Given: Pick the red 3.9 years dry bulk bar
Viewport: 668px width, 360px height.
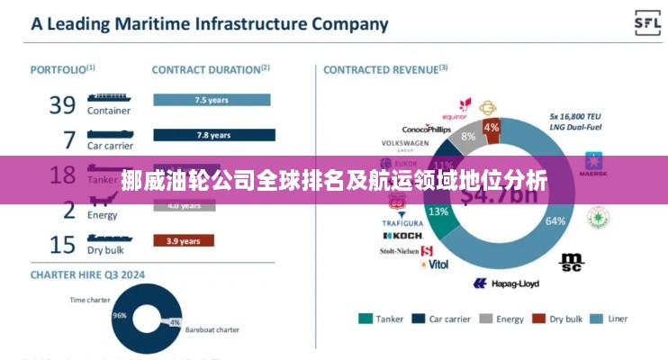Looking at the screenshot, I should [x=184, y=240].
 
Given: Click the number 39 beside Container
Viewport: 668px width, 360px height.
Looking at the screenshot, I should [x=62, y=105].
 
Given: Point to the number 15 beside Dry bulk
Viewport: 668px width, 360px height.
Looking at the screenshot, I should [x=62, y=245].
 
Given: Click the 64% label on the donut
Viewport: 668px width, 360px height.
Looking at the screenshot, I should [x=555, y=220].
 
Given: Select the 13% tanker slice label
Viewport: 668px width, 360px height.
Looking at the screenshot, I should [x=438, y=211].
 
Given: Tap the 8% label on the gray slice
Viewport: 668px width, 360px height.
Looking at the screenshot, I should [x=468, y=136].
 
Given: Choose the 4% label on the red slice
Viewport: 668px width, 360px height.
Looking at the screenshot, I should [x=492, y=127].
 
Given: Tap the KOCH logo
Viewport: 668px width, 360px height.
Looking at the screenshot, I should [x=402, y=236].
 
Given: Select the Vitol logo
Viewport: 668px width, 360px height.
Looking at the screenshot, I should [x=435, y=265].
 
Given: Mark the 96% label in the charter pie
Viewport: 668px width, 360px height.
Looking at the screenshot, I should [x=119, y=316].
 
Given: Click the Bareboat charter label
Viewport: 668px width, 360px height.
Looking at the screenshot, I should [x=212, y=330].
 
